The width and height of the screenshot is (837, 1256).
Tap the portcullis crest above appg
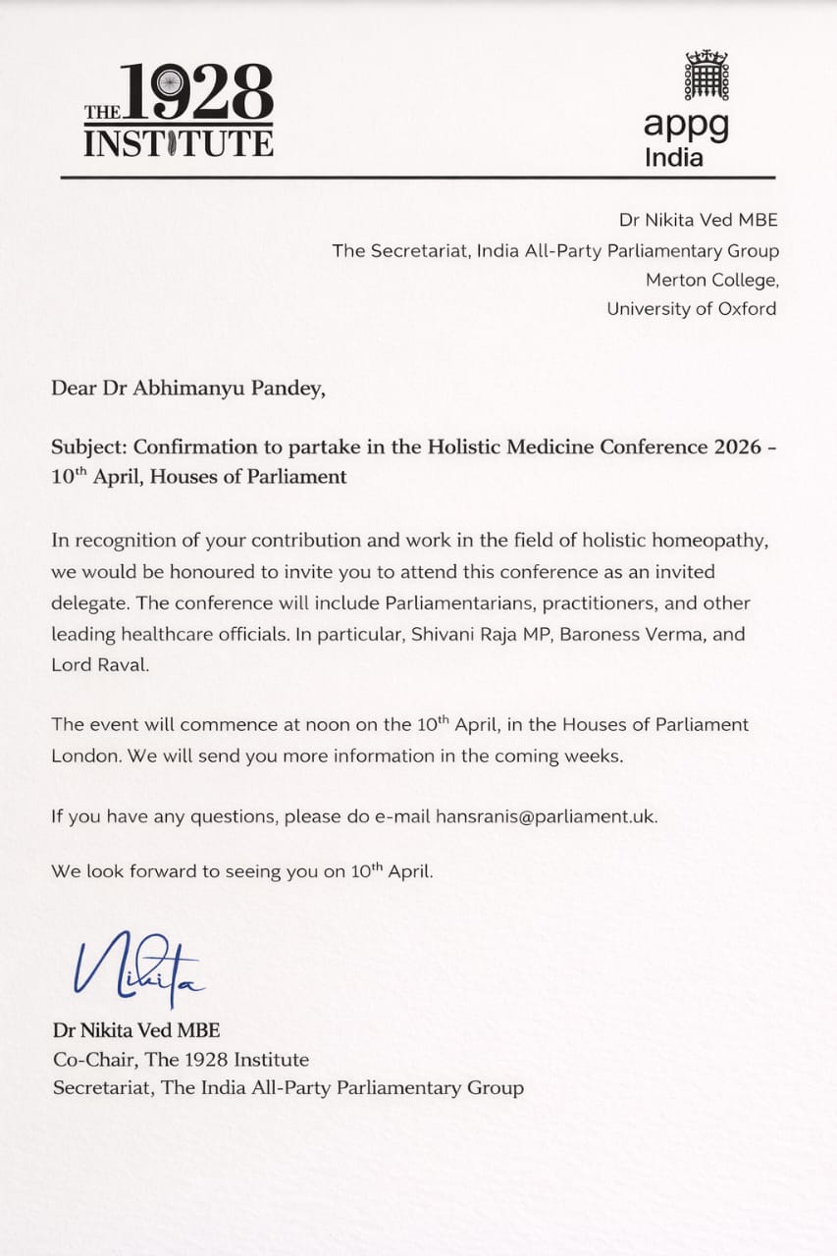[706, 76]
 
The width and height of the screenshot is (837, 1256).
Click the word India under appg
[673, 157]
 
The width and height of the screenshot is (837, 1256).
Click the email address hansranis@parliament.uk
[547, 815]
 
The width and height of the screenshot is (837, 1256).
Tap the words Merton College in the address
[711, 280]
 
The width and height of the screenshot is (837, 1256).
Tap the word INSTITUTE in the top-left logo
[178, 143]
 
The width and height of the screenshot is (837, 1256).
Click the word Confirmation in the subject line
[192, 446]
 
